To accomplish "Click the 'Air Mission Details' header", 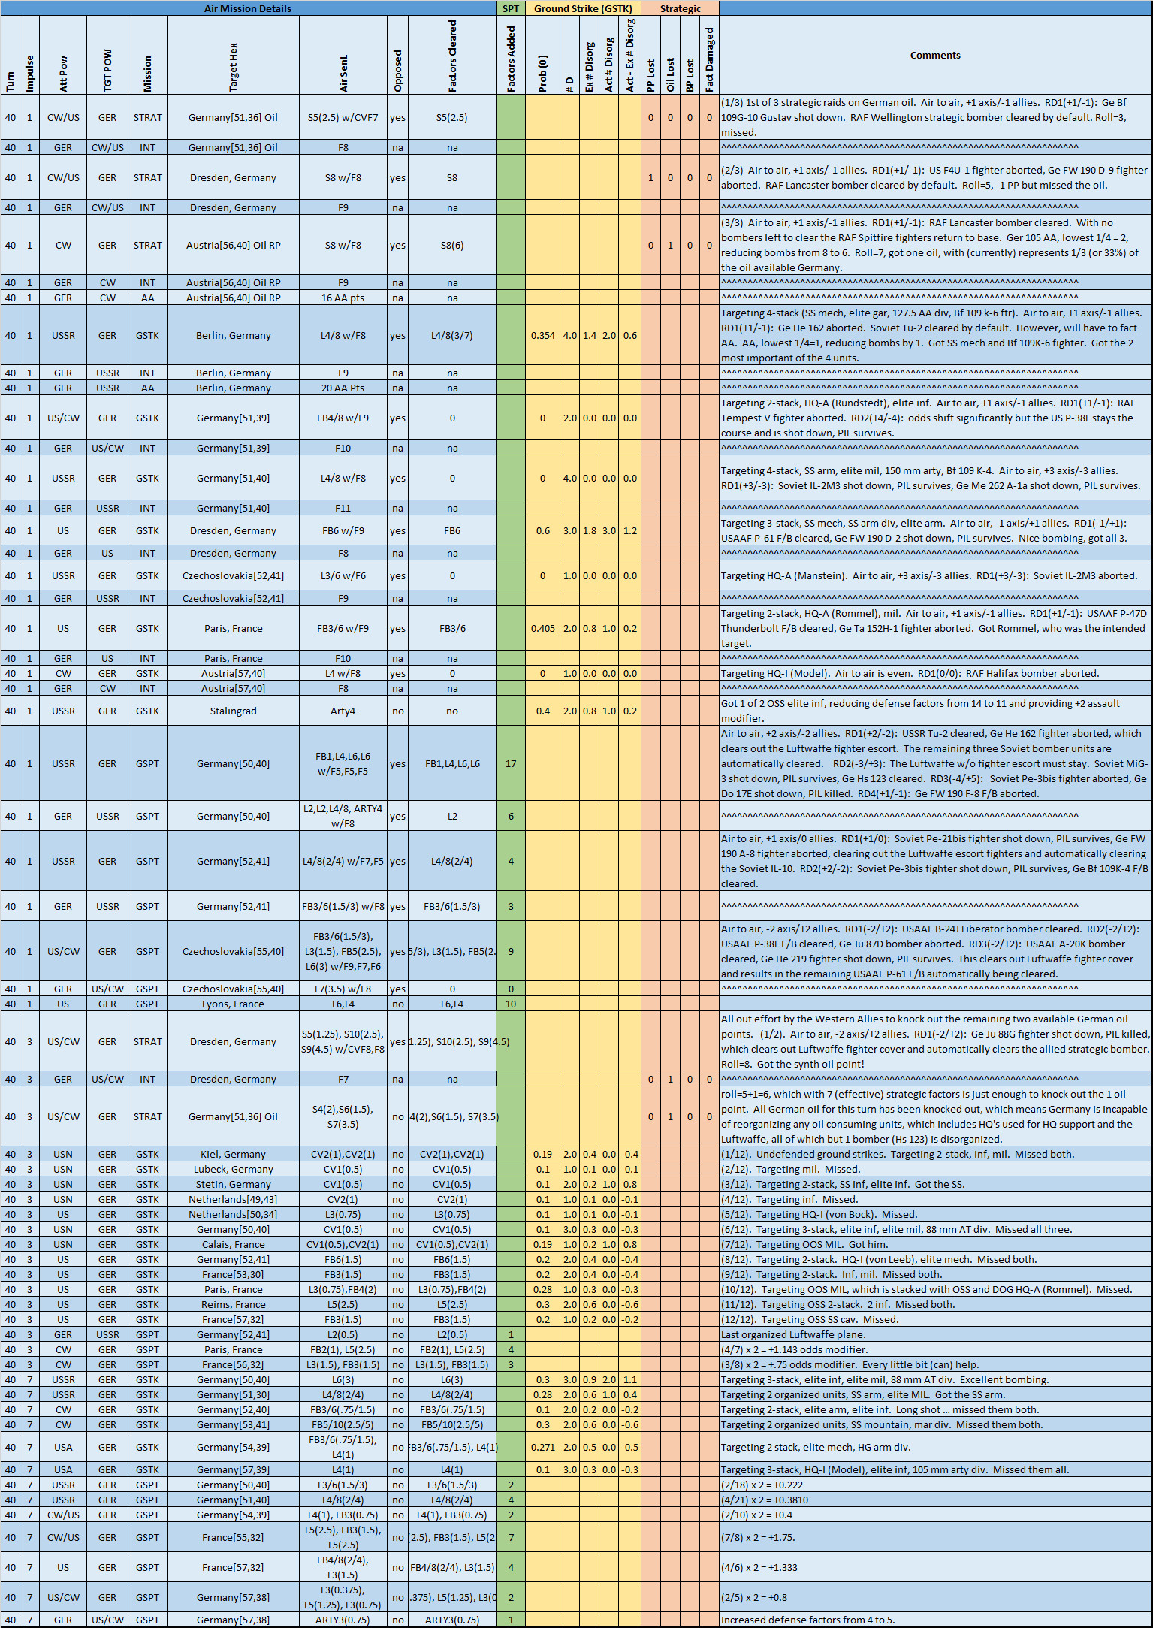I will (x=248, y=8).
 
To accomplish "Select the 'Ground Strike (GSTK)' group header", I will (x=583, y=8).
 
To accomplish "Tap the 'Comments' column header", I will (x=935, y=55).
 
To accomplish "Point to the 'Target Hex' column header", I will (x=233, y=68).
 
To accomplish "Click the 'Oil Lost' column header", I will (x=670, y=75).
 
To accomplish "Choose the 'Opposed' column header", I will (x=397, y=71).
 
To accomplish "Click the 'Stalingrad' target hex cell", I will (x=233, y=711).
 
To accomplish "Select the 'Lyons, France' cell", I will (x=233, y=1004).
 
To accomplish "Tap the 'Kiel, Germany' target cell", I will (x=233, y=1154).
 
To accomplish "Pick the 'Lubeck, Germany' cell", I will (x=233, y=1169).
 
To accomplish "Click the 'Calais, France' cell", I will (x=233, y=1244).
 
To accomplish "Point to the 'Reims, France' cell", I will (x=233, y=1304).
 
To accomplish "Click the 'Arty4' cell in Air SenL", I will (x=343, y=711).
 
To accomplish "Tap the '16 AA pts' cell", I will (x=343, y=298).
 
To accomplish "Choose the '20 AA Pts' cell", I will (x=343, y=388).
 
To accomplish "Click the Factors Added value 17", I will (x=511, y=763).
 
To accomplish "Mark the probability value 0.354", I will (x=542, y=335).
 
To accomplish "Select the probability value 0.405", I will (x=542, y=628).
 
